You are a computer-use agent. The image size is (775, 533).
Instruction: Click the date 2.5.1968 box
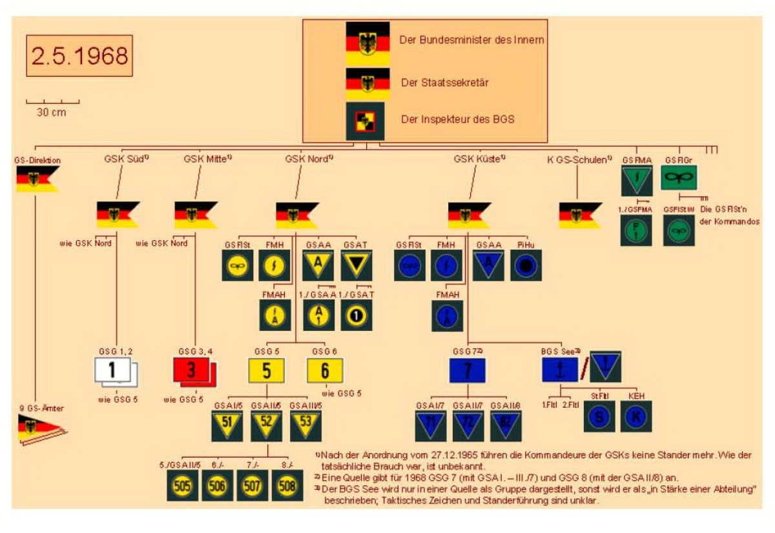point(79,56)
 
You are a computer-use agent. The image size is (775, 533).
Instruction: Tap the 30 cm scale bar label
point(52,112)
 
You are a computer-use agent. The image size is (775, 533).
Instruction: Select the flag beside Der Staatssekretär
point(367,83)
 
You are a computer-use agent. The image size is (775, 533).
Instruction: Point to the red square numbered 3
point(192,372)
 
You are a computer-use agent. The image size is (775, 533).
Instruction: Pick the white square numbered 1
point(112,371)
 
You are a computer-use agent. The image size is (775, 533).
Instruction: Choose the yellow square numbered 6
point(325,371)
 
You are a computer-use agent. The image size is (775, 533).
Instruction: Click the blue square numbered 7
point(467,371)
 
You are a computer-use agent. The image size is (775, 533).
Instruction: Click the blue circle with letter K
point(636,417)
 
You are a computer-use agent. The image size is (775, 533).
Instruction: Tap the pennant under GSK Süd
point(118,214)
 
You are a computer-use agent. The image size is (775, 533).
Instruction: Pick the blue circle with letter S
point(599,417)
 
